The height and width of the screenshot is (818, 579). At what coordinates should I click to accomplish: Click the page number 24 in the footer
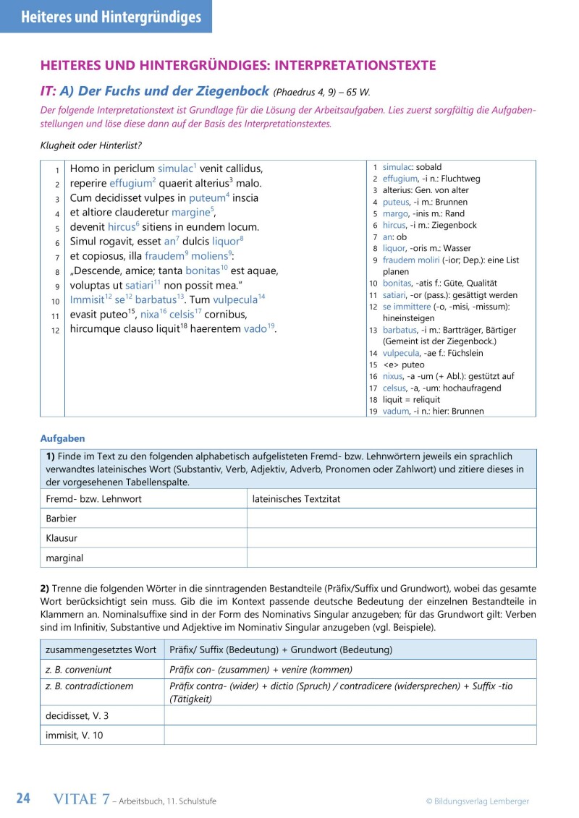[23, 798]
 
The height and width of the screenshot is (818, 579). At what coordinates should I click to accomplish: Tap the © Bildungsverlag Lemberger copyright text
[477, 801]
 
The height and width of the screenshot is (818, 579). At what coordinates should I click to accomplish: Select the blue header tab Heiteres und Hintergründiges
[106, 17]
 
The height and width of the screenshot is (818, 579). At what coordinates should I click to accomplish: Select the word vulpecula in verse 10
[234, 299]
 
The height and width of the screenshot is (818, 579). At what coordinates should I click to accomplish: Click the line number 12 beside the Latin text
[54, 331]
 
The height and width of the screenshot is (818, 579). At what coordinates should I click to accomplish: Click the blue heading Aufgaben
[62, 438]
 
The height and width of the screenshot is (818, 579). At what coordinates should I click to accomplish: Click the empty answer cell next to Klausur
[392, 538]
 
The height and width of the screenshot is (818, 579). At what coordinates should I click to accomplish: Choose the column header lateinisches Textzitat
[296, 499]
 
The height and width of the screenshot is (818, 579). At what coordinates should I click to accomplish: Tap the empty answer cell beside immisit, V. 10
[350, 735]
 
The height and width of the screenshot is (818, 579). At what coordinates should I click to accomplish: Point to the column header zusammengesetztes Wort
[101, 649]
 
